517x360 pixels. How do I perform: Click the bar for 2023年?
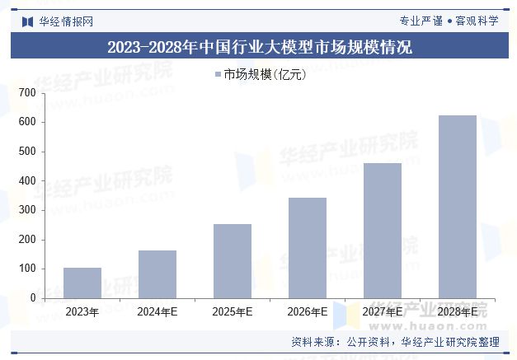(x=82, y=283)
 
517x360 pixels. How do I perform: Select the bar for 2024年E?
(x=157, y=274)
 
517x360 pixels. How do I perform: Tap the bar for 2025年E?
(x=232, y=260)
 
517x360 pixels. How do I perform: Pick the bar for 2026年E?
(x=307, y=247)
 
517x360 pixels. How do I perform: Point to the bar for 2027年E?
(x=382, y=230)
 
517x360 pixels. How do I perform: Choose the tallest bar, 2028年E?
(x=457, y=206)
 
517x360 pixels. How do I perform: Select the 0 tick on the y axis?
(x=31, y=298)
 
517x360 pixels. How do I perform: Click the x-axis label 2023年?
(x=82, y=312)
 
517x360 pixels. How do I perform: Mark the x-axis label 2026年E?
(x=307, y=312)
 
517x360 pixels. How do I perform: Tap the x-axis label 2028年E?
(x=457, y=312)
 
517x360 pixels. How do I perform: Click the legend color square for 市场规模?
(x=218, y=75)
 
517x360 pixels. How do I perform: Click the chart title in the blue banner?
(x=259, y=47)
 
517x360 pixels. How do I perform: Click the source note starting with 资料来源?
(x=395, y=342)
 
